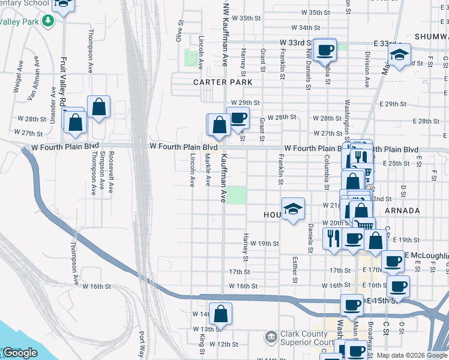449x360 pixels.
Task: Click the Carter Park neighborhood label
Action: point(222,82)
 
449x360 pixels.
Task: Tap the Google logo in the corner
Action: point(19,353)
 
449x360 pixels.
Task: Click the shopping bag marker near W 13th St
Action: point(220,314)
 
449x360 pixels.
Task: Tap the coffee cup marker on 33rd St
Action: point(325,50)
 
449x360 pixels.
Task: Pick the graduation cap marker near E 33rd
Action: point(399,55)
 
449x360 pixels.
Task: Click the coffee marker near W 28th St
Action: point(238,118)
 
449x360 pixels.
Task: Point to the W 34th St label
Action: point(306,28)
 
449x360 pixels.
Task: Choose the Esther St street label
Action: point(295,269)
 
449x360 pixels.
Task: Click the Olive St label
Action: point(179,30)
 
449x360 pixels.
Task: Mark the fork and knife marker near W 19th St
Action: point(332,237)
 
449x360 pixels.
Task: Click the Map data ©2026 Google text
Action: point(412,355)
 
